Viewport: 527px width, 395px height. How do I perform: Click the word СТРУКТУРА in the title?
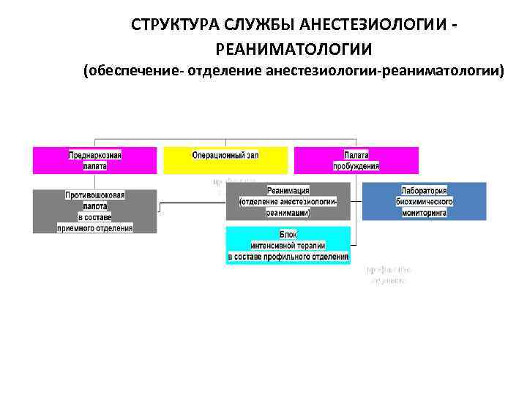tap(175, 26)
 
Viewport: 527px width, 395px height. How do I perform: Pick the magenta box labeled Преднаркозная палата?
tap(94, 160)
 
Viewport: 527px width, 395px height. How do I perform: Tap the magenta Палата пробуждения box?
tap(356, 160)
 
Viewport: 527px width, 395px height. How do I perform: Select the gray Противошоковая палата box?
tap(94, 211)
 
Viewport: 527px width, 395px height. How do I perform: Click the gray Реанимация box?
tap(288, 200)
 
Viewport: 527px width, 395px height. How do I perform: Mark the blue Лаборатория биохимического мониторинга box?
tap(424, 200)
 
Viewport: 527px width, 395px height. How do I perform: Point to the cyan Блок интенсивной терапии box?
tap(288, 245)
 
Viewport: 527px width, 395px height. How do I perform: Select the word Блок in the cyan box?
tap(288, 235)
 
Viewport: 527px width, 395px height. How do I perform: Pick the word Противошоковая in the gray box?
tap(95, 196)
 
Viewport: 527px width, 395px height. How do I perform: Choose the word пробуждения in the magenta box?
tap(356, 166)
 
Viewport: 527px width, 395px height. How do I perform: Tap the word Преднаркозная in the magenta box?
tap(95, 155)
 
